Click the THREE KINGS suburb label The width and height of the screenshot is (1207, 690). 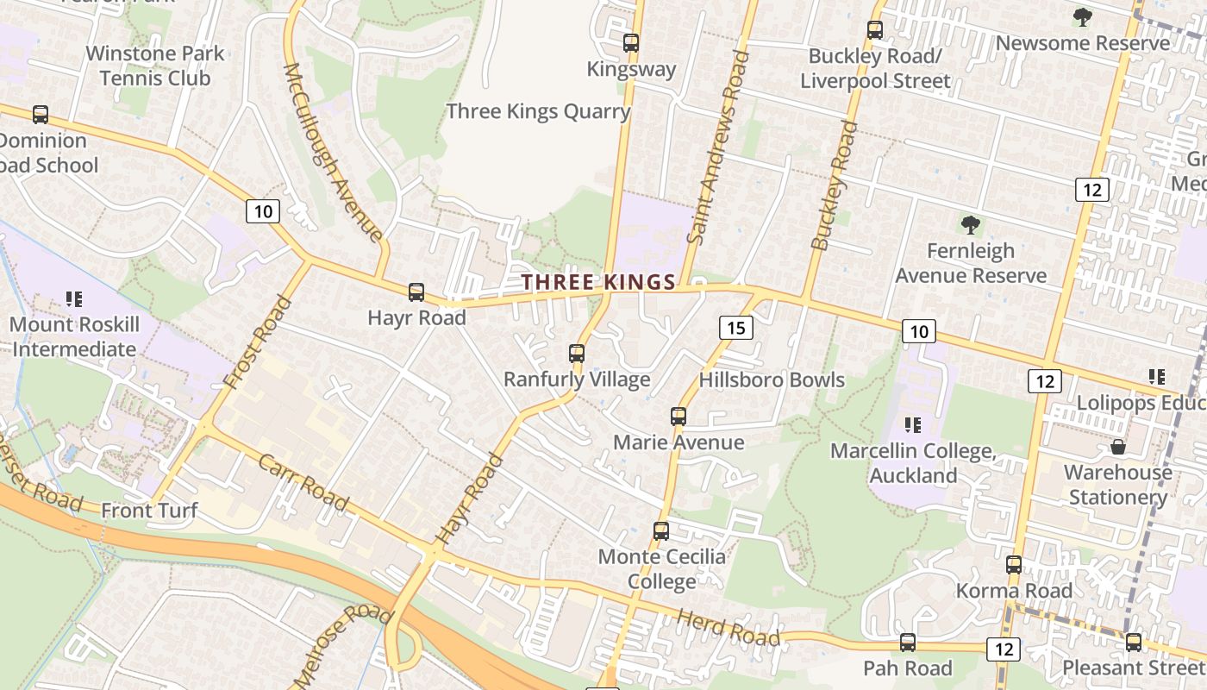(x=598, y=282)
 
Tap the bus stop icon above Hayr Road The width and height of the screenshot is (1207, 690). (x=416, y=292)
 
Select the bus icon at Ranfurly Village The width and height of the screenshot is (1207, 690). (x=577, y=354)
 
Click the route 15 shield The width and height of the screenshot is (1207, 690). (x=735, y=328)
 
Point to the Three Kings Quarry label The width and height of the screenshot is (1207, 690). (x=538, y=111)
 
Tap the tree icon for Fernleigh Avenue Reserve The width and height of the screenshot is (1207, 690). (x=971, y=226)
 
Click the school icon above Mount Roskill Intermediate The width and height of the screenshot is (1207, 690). (x=74, y=299)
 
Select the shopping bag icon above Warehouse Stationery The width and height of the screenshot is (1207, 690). (x=1118, y=447)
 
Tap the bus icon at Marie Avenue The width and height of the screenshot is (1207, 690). (x=679, y=417)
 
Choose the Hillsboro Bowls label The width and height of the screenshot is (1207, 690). (x=772, y=379)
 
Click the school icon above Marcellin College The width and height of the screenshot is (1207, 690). (x=913, y=424)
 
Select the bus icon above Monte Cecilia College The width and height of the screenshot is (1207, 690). (x=661, y=531)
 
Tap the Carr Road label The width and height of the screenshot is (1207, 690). (x=303, y=482)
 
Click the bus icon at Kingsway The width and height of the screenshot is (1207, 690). (x=631, y=43)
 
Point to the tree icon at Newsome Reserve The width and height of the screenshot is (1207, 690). (x=1083, y=17)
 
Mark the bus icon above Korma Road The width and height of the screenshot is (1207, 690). (x=1014, y=565)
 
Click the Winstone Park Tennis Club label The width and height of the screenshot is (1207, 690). (x=155, y=66)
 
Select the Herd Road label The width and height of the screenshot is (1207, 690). (x=729, y=628)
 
